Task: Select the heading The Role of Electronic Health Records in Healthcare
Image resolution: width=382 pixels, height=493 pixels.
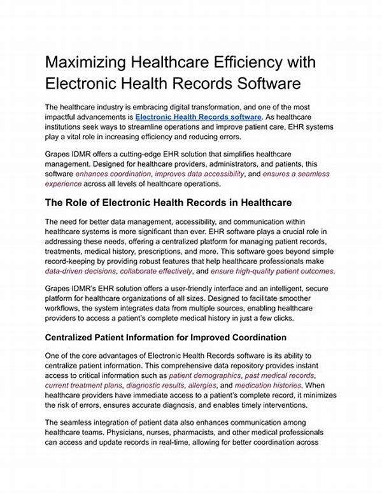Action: (168, 202)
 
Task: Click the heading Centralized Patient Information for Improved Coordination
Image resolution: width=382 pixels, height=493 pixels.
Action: (166, 337)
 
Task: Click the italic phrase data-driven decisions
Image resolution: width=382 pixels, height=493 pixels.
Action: (80, 270)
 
